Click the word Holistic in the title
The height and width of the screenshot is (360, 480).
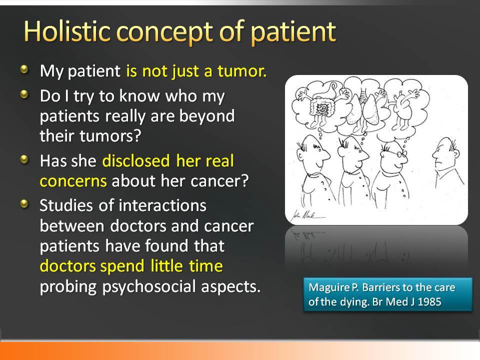click(x=66, y=31)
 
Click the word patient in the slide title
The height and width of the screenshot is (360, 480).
click(x=293, y=32)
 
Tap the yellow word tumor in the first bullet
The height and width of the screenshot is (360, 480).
click(x=241, y=71)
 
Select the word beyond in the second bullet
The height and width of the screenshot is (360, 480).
click(x=207, y=116)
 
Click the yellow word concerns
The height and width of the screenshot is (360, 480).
click(x=73, y=181)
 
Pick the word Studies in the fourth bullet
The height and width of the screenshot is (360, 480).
click(x=66, y=205)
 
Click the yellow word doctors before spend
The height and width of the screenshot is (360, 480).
click(x=67, y=265)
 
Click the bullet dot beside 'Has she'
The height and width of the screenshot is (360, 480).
click(x=24, y=159)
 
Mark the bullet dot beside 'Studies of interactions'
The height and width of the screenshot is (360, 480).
click(x=24, y=204)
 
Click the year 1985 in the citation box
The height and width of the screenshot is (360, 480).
click(x=429, y=302)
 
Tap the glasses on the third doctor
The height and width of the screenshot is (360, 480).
click(x=399, y=153)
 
